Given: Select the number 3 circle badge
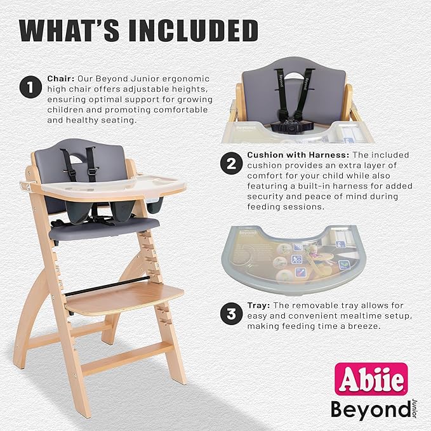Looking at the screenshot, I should coord(230,313).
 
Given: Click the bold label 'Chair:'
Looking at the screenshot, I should coord(62,79).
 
